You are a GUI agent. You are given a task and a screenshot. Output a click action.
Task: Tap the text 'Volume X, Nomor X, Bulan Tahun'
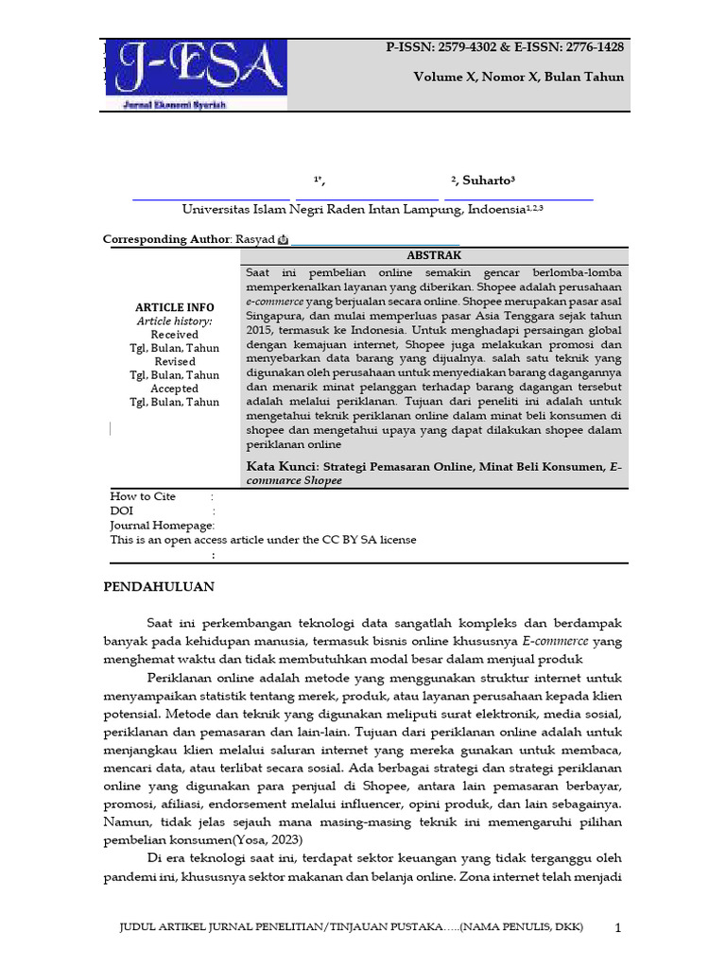518,78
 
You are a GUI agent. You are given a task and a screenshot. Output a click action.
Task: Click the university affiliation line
362,209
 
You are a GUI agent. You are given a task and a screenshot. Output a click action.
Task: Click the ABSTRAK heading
434,256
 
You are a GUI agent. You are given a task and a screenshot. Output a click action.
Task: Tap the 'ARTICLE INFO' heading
175,307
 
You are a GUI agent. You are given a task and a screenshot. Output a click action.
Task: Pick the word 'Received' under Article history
175,335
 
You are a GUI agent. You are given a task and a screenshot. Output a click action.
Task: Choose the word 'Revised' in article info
175,361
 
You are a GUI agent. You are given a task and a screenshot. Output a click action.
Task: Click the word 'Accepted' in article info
175,389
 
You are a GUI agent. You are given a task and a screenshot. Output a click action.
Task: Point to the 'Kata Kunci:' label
282,466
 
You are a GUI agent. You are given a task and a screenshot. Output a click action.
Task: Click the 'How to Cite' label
143,496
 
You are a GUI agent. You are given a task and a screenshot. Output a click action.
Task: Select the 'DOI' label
122,510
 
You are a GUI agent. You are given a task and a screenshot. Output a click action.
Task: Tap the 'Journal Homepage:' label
162,526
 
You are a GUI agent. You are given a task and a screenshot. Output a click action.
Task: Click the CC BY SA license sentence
263,540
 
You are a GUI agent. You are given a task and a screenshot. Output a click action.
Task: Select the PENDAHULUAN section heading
158,587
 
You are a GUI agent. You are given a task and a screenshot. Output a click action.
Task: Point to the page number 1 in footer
618,928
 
